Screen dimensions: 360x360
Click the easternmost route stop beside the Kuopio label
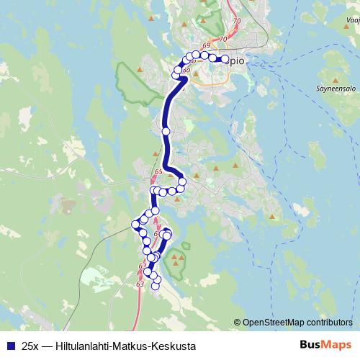click(x=225, y=60)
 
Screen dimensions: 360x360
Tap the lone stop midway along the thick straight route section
click(x=166, y=132)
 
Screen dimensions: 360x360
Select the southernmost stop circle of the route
click(x=156, y=286)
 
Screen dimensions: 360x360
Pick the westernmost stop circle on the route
click(x=135, y=225)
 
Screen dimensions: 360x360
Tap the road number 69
click(x=207, y=47)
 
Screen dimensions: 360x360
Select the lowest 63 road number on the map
click(x=140, y=285)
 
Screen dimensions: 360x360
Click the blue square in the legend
click(x=9, y=346)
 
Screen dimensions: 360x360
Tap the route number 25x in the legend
click(x=30, y=346)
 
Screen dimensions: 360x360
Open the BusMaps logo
click(x=325, y=345)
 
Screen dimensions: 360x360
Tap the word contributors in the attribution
click(x=328, y=323)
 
